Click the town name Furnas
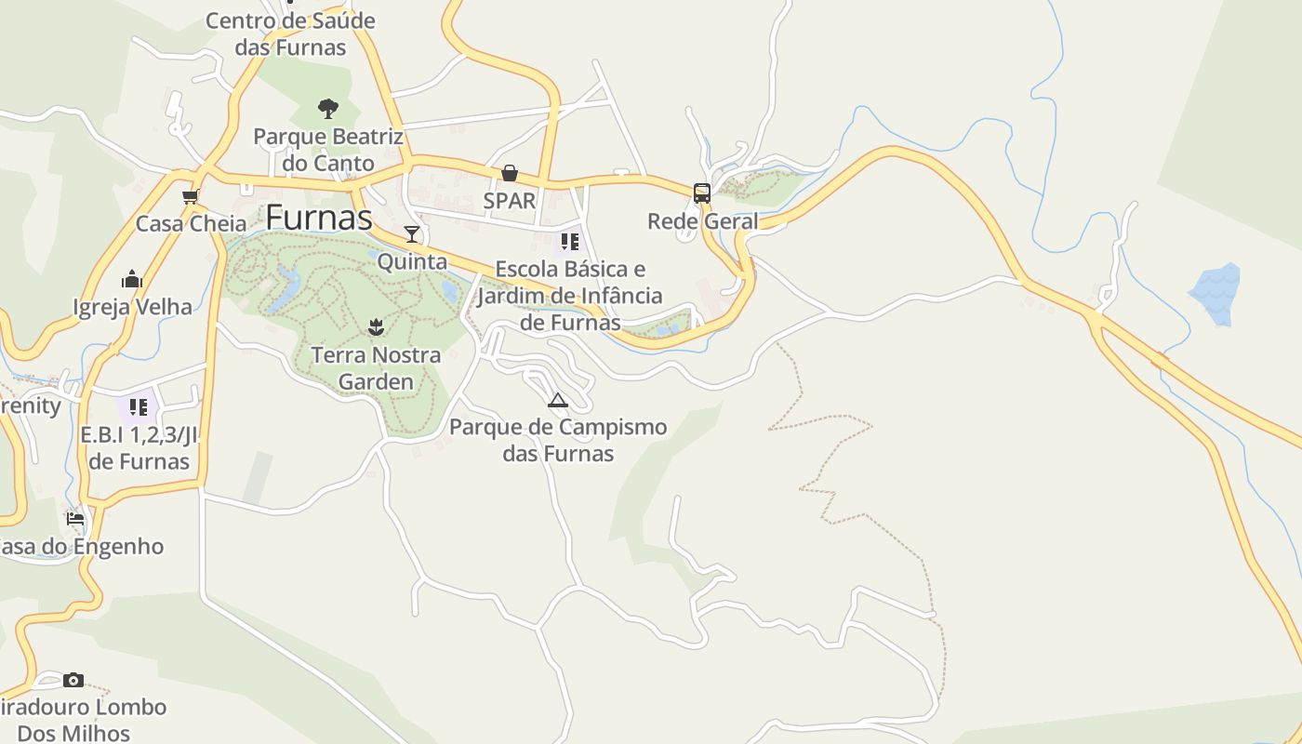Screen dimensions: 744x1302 coord(319,218)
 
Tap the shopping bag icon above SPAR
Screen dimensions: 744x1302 coord(510,173)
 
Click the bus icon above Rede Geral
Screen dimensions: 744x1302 coord(702,193)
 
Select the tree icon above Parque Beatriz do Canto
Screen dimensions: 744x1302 coord(327,109)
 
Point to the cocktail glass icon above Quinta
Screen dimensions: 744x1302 coord(412,233)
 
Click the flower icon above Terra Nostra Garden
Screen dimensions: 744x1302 coord(376,326)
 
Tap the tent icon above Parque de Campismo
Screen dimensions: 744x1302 coord(558,401)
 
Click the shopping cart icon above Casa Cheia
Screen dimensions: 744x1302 coord(191,196)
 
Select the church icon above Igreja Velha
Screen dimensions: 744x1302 coord(132,279)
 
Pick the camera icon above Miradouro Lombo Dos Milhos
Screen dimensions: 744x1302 coord(73,680)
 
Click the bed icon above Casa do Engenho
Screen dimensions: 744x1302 coord(75,518)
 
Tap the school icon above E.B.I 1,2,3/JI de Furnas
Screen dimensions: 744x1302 coord(139,406)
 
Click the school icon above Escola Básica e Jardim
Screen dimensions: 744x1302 coord(570,242)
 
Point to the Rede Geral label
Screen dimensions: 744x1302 coord(702,221)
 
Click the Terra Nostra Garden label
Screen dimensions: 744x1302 coord(376,368)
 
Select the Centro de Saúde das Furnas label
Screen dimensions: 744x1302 coord(290,33)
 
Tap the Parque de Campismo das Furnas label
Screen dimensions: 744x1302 coord(558,440)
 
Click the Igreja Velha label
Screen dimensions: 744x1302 coord(132,307)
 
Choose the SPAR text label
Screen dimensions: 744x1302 coord(510,201)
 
